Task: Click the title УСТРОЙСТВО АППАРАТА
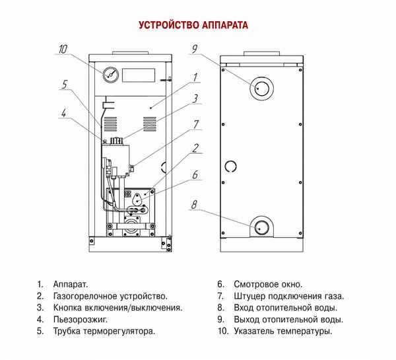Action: [193, 26]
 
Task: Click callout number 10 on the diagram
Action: [63, 48]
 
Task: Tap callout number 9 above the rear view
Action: [195, 48]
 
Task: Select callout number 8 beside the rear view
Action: [194, 205]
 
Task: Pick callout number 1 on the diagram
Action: [195, 78]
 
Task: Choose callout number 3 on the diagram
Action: [196, 99]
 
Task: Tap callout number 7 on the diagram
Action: [195, 123]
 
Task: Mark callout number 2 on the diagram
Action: [195, 147]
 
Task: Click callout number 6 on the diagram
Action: [195, 175]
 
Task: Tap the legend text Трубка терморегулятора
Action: [104, 331]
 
